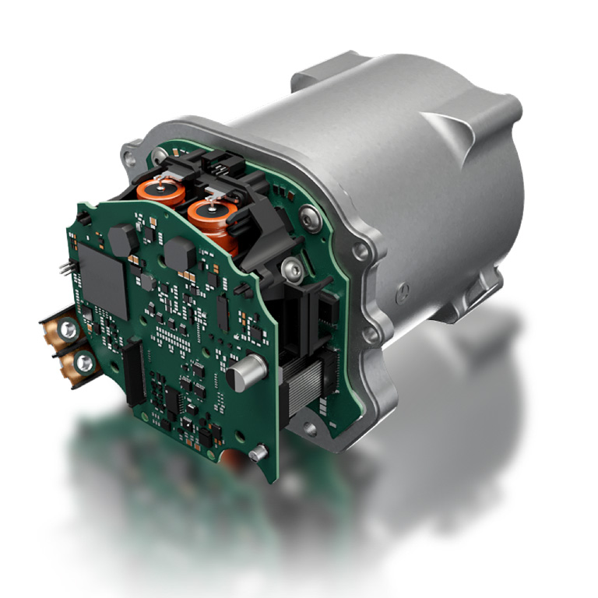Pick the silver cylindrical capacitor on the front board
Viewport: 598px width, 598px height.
[241, 377]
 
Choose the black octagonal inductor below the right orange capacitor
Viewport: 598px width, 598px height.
[181, 254]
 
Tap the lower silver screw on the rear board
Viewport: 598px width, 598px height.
[290, 269]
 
